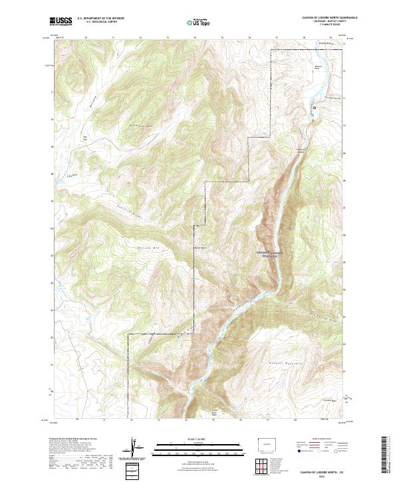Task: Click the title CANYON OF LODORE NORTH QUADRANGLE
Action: [319, 18]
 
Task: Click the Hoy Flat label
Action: [85, 138]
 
